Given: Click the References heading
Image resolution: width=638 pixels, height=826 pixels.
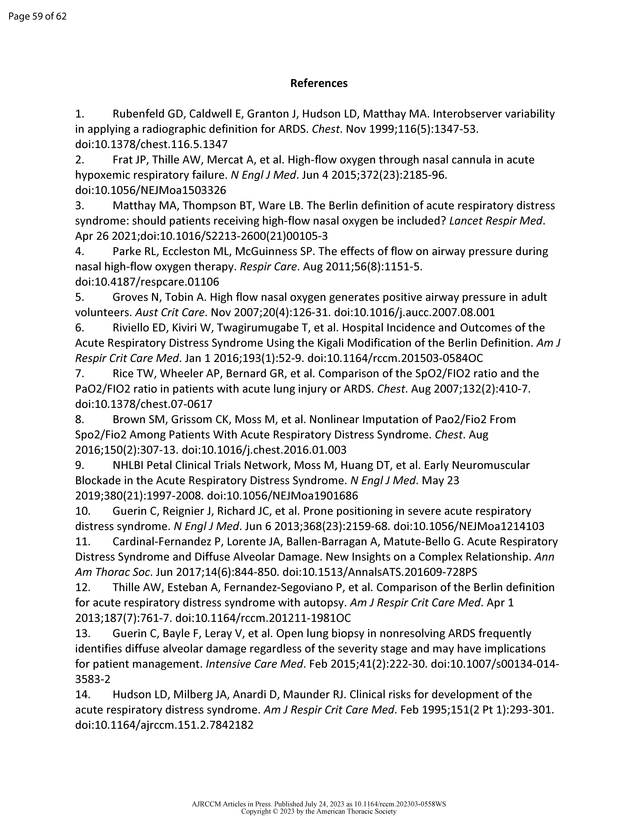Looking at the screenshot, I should tap(319, 83).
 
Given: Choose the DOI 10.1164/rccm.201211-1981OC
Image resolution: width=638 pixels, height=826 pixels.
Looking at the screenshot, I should tap(263, 618).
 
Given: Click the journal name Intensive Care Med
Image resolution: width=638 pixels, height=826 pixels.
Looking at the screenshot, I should tap(255, 664).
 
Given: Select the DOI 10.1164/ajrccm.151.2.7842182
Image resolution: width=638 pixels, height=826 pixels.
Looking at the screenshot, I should tap(164, 725).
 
